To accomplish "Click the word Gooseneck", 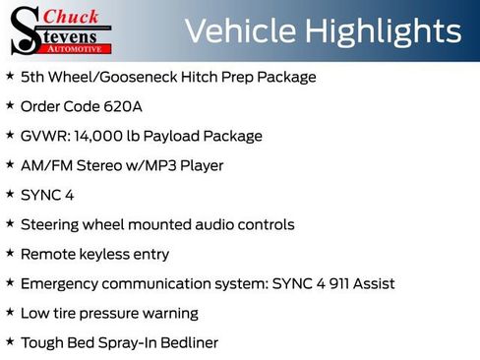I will coord(134,77).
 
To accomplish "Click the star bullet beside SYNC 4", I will coord(10,194).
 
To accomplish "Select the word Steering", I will coord(51,224).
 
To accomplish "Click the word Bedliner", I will coord(185,342).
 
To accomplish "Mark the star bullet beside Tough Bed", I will coord(10,341).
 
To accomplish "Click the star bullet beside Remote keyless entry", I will coord(10,253).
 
